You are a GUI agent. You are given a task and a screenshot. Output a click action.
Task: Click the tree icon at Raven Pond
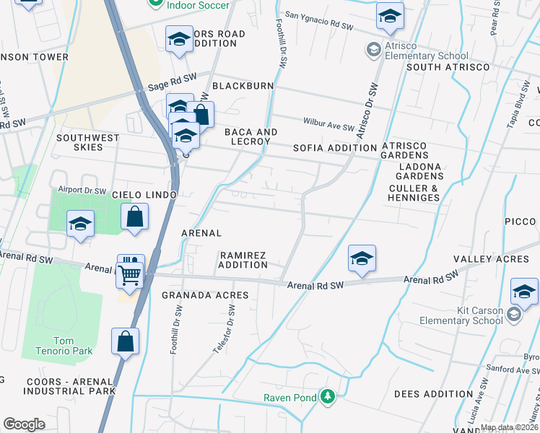328,396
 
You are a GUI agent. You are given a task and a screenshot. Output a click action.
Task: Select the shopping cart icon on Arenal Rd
129,274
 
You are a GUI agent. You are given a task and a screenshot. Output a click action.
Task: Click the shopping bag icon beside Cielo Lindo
135,216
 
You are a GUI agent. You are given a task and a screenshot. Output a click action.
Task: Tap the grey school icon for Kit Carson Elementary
513,315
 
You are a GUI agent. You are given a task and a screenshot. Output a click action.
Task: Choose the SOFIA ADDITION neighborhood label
334,148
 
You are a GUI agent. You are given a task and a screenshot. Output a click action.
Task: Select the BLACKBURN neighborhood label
243,86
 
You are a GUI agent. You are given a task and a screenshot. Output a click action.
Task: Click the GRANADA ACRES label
205,295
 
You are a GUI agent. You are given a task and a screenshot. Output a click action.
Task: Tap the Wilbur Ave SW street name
328,127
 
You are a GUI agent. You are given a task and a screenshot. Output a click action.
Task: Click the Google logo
24,424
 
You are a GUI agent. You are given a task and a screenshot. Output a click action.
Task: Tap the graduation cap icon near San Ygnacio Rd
389,17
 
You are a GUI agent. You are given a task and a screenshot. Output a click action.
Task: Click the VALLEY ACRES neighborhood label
482,259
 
